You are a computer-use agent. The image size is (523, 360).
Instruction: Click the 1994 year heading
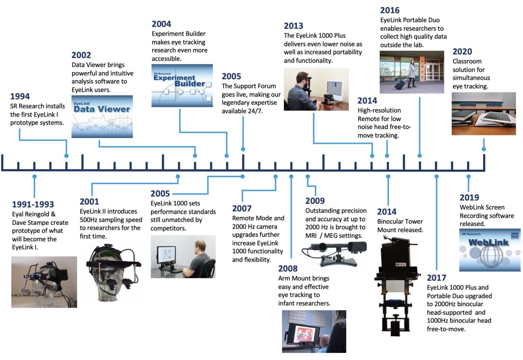click(20, 96)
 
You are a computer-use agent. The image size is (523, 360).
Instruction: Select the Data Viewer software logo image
click(102, 117)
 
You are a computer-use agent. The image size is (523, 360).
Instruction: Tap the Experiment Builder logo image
click(182, 85)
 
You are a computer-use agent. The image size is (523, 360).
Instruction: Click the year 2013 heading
click(293, 26)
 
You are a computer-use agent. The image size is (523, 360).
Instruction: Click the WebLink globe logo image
click(489, 250)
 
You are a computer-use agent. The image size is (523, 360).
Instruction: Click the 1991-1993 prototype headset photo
click(44, 282)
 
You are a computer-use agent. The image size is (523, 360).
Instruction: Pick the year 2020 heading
click(462, 52)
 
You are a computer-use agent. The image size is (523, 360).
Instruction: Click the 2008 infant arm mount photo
click(314, 331)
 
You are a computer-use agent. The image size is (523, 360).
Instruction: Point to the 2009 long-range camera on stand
click(334, 252)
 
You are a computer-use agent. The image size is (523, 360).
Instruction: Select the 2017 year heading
click(436, 278)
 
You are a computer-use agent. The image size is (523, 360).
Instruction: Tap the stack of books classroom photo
click(483, 114)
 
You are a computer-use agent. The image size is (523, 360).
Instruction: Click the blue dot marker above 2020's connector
click(484, 149)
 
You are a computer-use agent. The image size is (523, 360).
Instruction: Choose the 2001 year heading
click(89, 201)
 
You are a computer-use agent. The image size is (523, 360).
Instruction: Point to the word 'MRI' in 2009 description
click(311, 235)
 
